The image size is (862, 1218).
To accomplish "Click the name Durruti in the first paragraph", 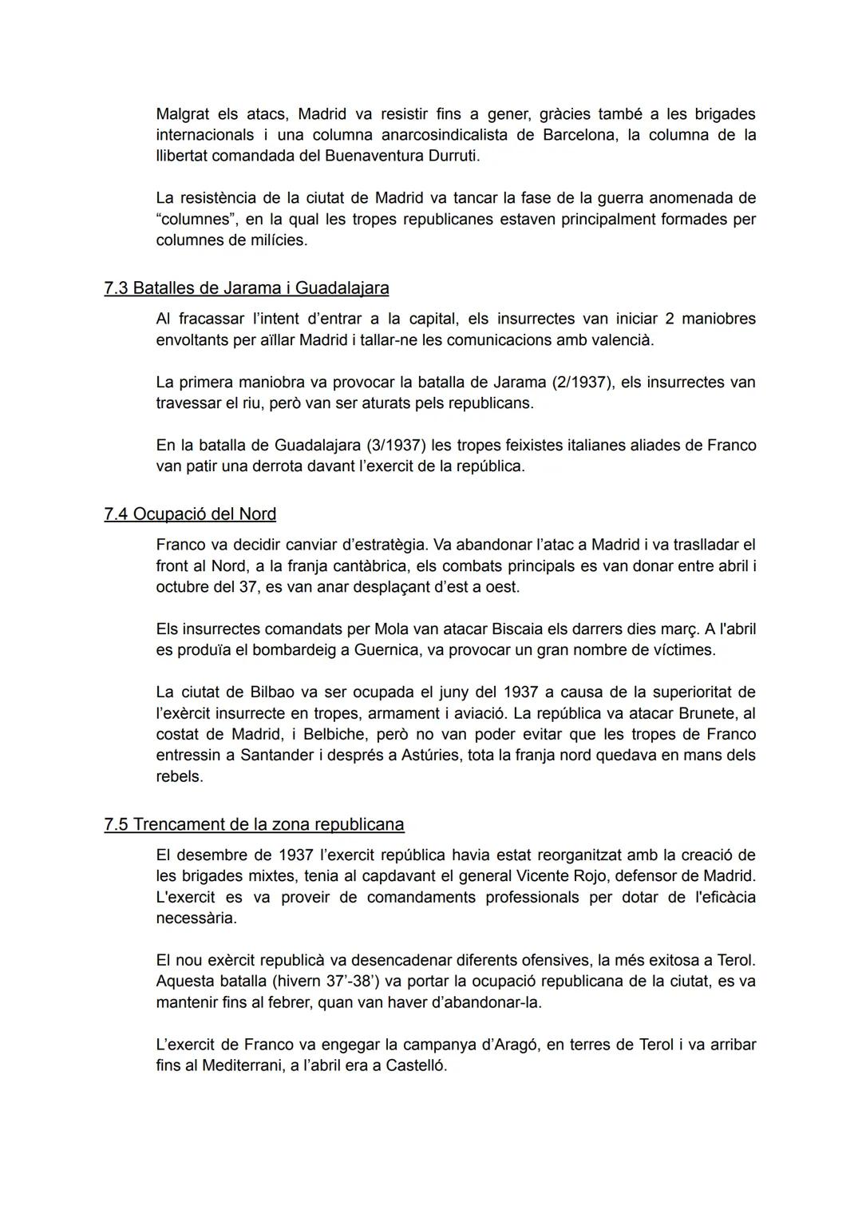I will [452, 156].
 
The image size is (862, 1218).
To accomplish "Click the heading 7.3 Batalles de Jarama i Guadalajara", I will [247, 288].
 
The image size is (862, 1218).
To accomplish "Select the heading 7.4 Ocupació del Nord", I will [190, 514].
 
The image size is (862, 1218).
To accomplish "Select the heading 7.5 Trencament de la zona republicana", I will [254, 824].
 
